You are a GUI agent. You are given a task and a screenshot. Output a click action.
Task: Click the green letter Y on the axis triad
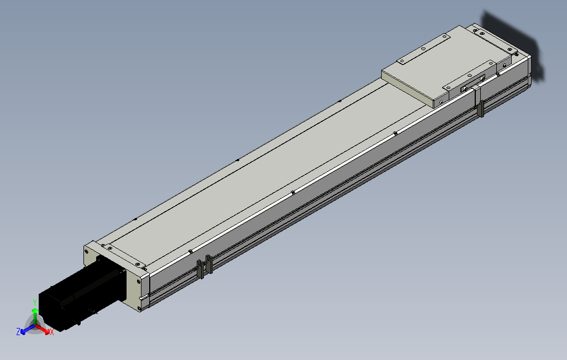point(34,302)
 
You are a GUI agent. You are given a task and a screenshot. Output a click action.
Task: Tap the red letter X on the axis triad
point(51,332)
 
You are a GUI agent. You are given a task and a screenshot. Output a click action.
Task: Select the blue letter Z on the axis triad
point(18,331)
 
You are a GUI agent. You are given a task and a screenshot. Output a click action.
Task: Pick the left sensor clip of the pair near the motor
point(201,269)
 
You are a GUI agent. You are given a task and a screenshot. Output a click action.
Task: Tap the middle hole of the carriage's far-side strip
point(423,49)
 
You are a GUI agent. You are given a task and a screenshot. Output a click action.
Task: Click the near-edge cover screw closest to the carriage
point(396,133)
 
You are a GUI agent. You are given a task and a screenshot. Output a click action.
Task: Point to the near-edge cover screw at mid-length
point(292,193)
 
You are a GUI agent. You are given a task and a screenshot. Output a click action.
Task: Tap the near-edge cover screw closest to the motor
point(190,251)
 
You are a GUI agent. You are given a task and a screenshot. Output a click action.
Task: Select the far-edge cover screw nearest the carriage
point(339,102)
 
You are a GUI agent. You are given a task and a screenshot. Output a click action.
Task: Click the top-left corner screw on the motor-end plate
point(88,250)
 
